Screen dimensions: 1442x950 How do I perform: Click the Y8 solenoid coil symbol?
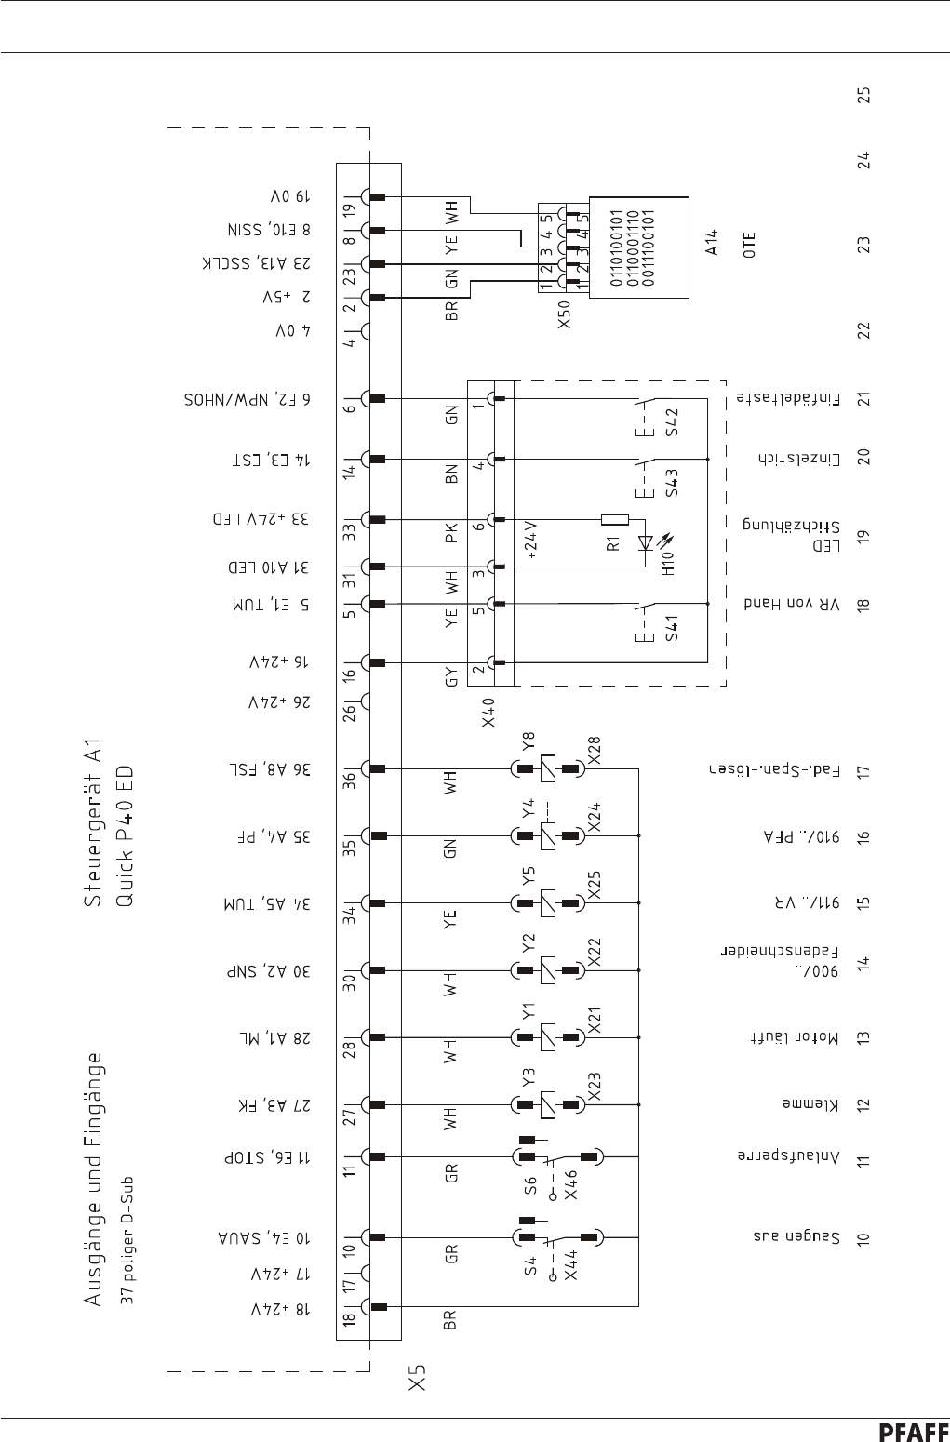click(x=549, y=769)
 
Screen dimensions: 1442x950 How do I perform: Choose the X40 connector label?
click(x=492, y=714)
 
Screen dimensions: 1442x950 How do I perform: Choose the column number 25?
click(x=864, y=95)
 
